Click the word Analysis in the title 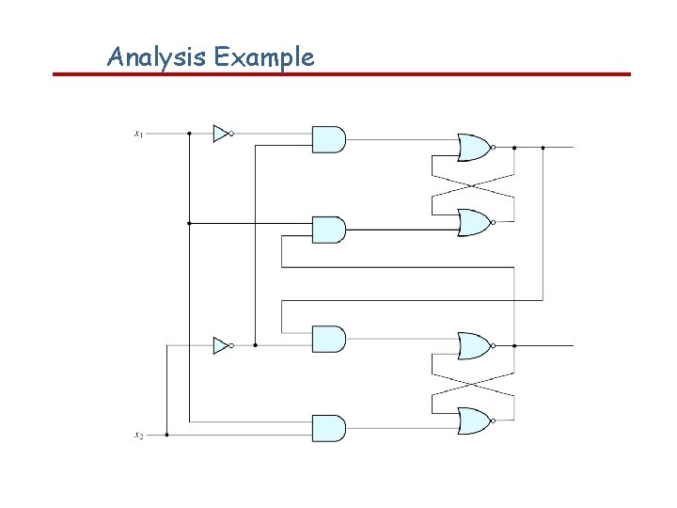(x=156, y=57)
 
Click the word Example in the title (x=264, y=57)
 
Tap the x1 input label (x=138, y=134)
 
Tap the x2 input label (x=138, y=435)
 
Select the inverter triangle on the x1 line (x=221, y=134)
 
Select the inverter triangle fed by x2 (x=221, y=345)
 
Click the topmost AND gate (x=329, y=139)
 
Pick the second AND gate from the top (x=329, y=230)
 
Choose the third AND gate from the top (x=329, y=339)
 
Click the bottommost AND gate (x=329, y=429)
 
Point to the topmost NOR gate (x=475, y=148)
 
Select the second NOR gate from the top (x=475, y=222)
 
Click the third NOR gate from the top (x=475, y=345)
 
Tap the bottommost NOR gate (x=475, y=421)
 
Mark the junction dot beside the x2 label (x=166, y=435)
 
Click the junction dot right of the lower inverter (x=255, y=345)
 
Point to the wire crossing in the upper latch (x=473, y=186)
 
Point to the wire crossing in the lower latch (x=473, y=385)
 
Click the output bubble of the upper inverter (x=231, y=134)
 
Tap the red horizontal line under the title (x=341, y=74)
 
